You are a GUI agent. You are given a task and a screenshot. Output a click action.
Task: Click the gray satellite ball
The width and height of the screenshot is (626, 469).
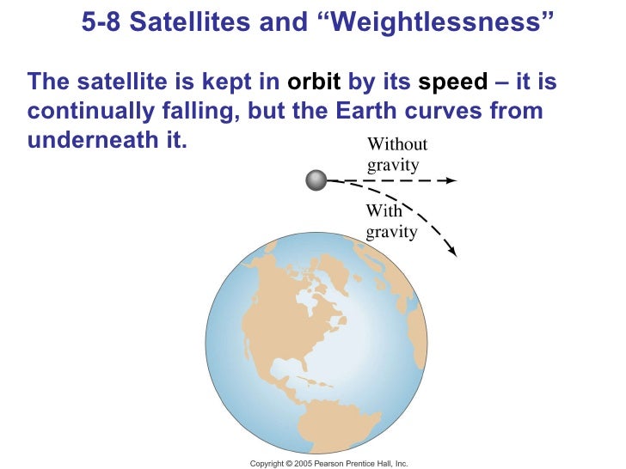(316, 180)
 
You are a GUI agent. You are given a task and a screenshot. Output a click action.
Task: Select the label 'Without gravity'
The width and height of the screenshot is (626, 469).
(396, 155)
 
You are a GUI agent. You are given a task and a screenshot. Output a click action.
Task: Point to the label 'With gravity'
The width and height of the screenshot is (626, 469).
(391, 222)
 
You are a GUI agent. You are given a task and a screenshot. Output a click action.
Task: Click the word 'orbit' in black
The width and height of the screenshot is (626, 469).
(314, 82)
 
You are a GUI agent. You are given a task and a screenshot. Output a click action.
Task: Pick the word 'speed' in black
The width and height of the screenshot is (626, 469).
(452, 82)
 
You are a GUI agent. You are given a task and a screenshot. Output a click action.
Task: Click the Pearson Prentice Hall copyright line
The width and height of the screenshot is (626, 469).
(328, 463)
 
